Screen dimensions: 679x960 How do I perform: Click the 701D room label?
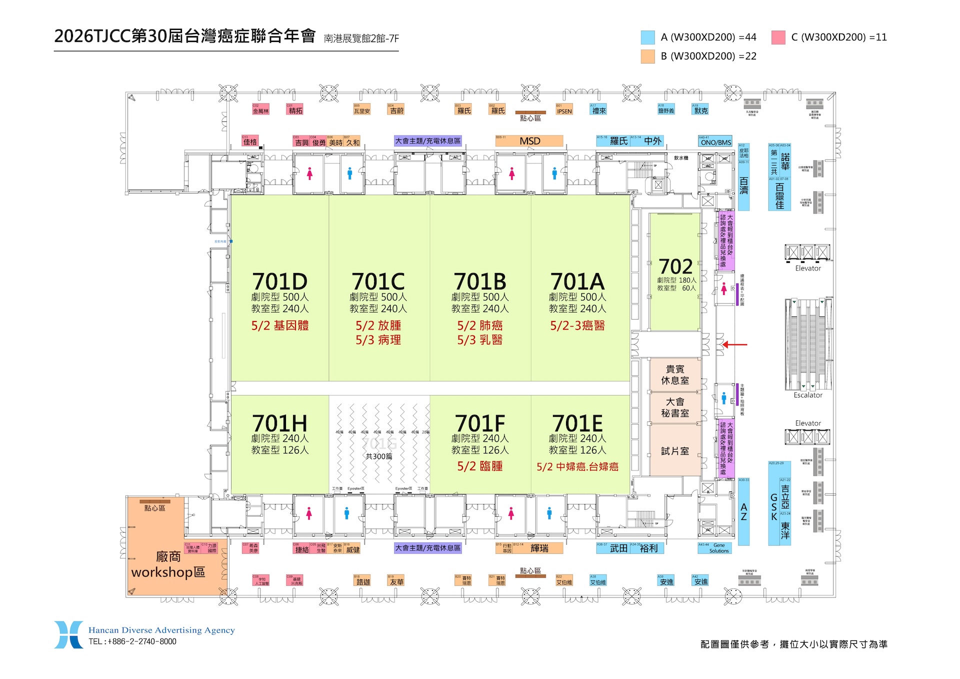tap(279, 282)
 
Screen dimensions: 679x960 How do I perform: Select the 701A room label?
tap(577, 282)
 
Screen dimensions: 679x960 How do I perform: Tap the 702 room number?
tap(675, 266)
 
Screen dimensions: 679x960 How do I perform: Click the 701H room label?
tap(279, 424)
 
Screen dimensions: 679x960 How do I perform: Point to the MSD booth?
tap(529, 141)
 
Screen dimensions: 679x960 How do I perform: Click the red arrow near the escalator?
tap(734, 344)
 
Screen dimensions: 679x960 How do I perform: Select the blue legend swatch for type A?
tap(647, 37)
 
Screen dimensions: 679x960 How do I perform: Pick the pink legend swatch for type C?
tap(778, 37)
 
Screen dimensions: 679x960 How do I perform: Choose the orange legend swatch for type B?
tap(647, 56)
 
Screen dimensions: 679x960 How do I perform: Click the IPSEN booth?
tap(564, 111)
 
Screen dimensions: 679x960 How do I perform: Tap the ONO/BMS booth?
tap(715, 142)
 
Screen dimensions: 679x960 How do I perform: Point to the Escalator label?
tap(807, 395)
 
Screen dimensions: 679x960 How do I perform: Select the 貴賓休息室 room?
tap(675, 375)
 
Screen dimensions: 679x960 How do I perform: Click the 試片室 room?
tap(675, 451)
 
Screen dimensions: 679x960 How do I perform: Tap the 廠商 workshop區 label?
tap(168, 564)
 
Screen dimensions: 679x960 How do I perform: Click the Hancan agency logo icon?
tap(68, 634)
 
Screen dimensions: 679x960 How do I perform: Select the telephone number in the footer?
tap(132, 641)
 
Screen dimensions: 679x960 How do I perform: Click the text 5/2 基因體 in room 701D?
tap(279, 325)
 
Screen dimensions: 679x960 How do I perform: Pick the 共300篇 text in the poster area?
tap(378, 456)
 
